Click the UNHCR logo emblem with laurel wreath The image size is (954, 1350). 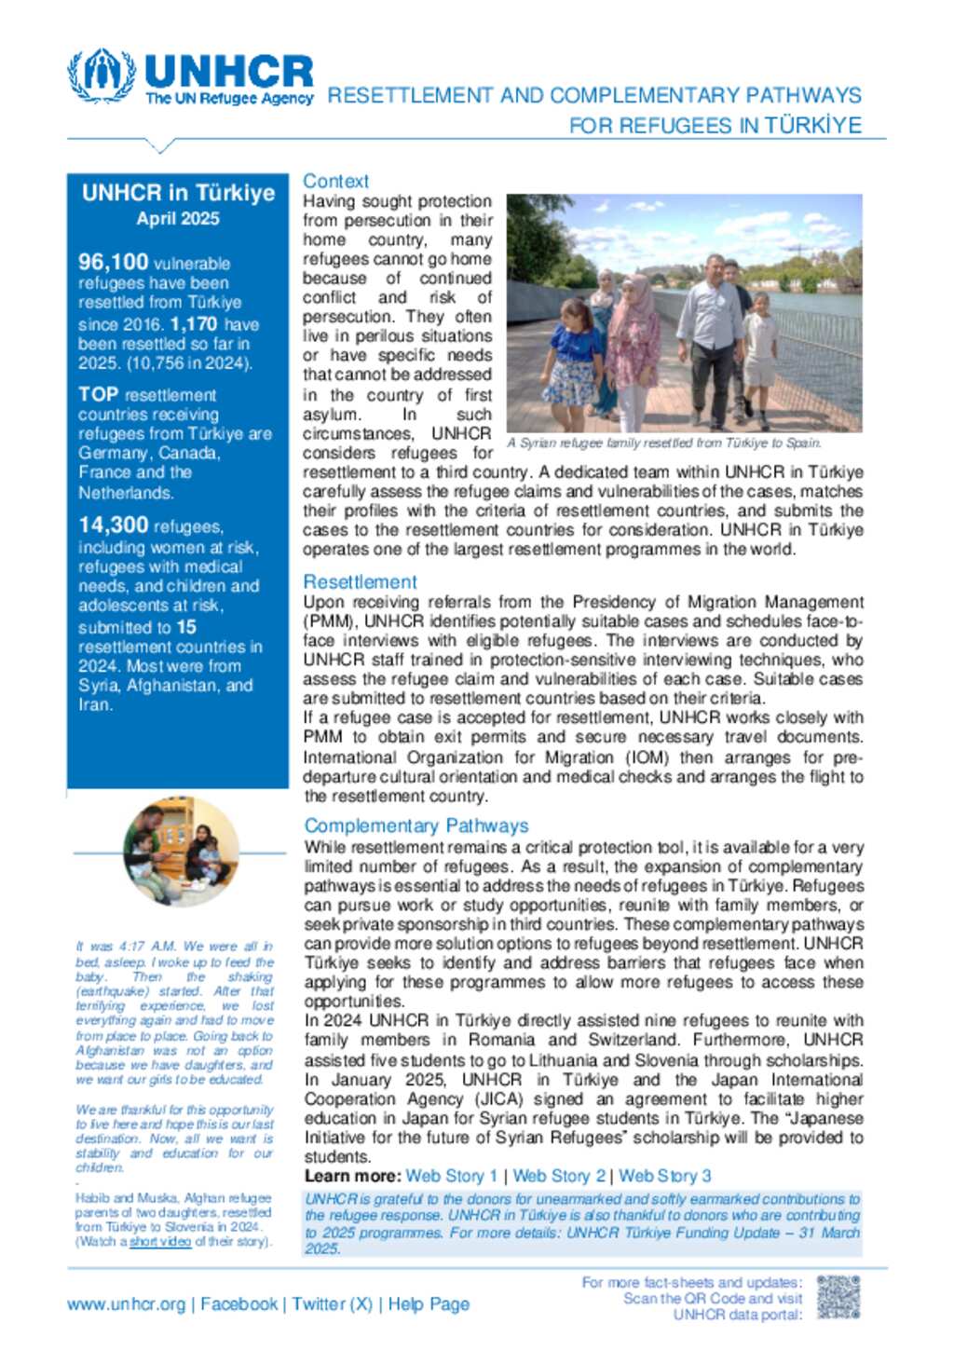(102, 75)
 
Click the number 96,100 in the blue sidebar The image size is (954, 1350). (113, 262)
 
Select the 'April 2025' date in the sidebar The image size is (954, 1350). (178, 219)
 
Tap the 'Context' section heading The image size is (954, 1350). (335, 181)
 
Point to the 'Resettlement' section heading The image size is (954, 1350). (360, 581)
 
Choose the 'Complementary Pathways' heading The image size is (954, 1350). (416, 825)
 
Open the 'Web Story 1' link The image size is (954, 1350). (452, 1176)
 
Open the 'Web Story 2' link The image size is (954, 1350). (559, 1176)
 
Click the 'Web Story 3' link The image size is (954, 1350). (665, 1176)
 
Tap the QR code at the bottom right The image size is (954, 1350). (838, 1297)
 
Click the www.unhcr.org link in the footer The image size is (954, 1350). (126, 1304)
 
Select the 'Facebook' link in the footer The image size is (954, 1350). (239, 1304)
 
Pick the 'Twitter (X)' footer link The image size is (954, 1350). (332, 1304)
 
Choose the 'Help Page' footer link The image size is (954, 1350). (429, 1304)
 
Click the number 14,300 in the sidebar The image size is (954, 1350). (113, 525)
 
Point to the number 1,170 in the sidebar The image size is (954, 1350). (194, 324)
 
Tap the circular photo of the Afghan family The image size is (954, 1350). (181, 851)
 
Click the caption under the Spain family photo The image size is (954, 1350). (664, 443)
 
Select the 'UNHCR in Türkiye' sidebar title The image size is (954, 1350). (178, 193)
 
